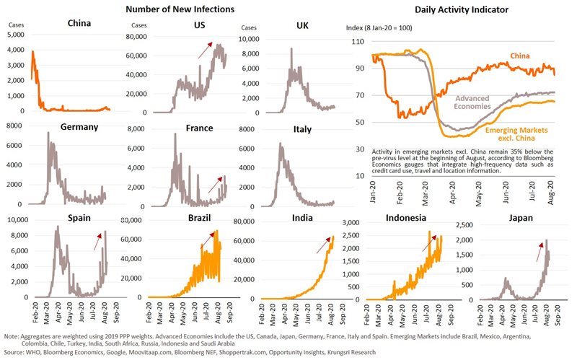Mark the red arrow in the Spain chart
[97, 241]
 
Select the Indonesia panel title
[405, 216]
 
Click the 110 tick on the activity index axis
[357, 43]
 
